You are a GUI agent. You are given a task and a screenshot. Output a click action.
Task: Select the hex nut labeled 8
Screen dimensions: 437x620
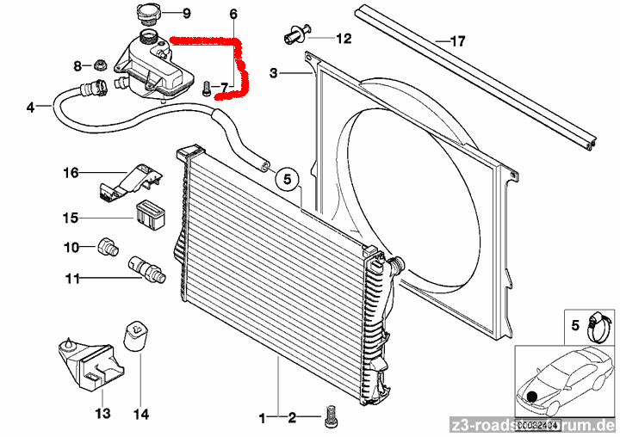pyautogui.click(x=100, y=65)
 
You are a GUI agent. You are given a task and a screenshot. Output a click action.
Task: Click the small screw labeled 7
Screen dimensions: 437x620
pyautogui.click(x=205, y=87)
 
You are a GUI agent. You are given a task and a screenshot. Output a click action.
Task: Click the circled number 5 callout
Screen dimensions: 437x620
pyautogui.click(x=287, y=179)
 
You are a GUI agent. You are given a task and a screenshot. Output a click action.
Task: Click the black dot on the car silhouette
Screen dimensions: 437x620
pyautogui.click(x=534, y=397)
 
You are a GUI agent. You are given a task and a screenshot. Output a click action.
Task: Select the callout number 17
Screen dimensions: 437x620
pyautogui.click(x=457, y=40)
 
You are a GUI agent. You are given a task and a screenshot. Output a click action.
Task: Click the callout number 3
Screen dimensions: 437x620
pyautogui.click(x=273, y=75)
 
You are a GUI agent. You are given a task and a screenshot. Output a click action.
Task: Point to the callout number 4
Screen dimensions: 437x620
pyautogui.click(x=31, y=108)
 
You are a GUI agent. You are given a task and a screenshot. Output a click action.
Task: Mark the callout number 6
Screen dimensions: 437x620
pyautogui.click(x=232, y=15)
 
